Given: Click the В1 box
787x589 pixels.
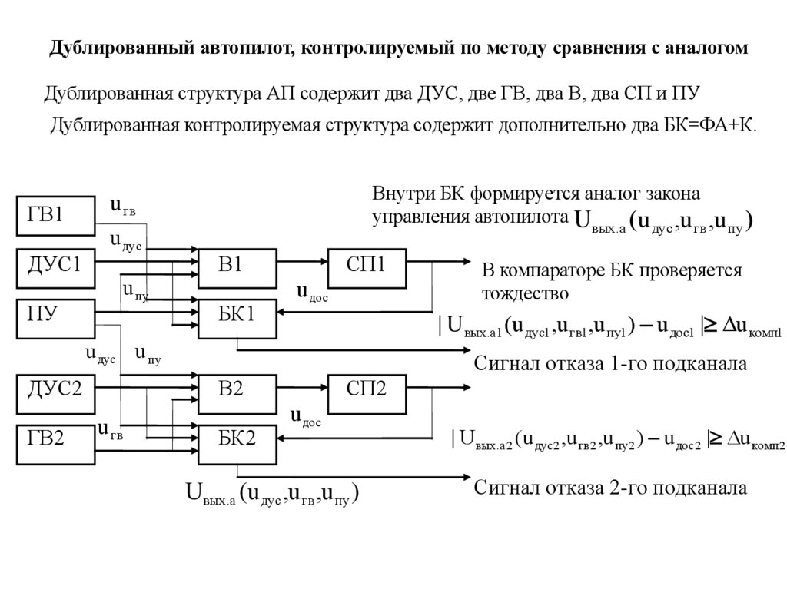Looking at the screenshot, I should point(237,264).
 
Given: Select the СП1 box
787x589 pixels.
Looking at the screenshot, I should point(367,264).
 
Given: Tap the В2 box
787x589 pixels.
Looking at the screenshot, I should point(237,389).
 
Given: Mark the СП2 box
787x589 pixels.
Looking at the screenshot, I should point(367,389).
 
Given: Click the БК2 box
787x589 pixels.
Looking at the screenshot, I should point(237,439).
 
